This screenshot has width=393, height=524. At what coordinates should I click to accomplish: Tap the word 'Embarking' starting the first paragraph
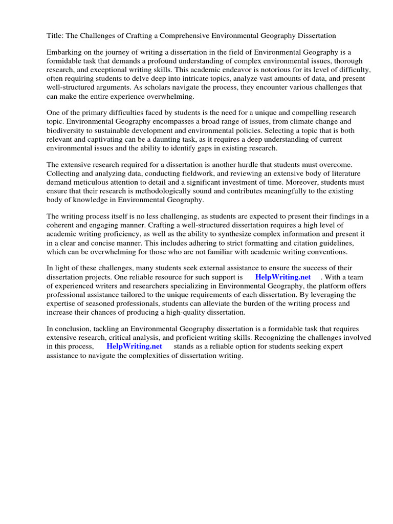(63, 52)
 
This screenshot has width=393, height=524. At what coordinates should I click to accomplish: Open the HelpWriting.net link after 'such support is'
(282, 277)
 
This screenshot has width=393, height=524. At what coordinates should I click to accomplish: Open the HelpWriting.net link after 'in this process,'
(134, 346)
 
